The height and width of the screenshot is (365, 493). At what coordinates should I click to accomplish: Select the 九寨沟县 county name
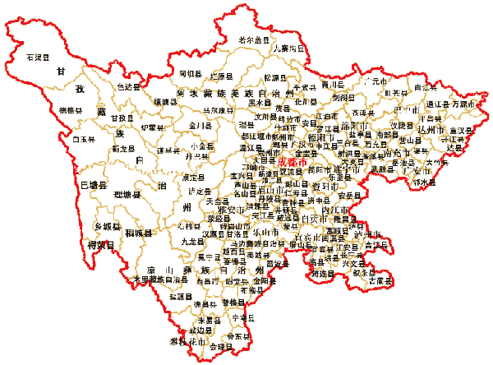[288, 49]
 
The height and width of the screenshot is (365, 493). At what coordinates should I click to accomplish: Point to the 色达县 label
[128, 85]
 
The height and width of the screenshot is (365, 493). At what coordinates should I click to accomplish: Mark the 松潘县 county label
[272, 76]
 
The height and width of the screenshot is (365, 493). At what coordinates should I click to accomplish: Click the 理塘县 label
[127, 195]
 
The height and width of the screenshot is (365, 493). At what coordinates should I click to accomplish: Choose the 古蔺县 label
[378, 280]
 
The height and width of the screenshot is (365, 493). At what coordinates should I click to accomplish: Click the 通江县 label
[438, 104]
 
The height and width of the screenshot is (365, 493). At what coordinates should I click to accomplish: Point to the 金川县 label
[201, 126]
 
